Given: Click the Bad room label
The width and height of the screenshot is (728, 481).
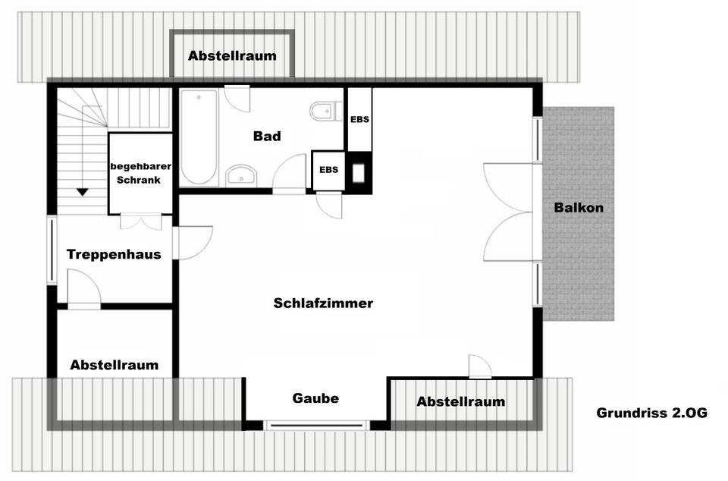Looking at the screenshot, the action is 267,137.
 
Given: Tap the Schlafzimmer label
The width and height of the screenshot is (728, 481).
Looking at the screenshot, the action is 323,303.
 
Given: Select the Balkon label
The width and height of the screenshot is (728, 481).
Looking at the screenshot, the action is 579,208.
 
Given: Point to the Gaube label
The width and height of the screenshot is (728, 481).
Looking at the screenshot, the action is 315,398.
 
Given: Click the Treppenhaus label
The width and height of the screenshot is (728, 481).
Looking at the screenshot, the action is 114,254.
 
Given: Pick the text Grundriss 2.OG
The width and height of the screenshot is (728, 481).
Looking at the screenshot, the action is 651,413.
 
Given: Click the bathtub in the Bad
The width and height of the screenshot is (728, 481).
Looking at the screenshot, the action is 199,137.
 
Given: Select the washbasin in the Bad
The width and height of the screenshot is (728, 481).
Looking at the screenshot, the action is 241,175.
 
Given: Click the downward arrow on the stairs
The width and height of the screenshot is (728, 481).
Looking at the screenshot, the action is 82,192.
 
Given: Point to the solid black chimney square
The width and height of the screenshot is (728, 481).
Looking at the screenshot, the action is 358,172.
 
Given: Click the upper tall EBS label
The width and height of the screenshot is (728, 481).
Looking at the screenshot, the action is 359,120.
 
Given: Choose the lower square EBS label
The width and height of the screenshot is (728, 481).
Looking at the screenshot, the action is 328,169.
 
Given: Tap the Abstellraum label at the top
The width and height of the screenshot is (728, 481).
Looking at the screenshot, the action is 232,55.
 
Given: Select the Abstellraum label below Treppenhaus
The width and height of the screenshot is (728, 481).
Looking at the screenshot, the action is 114,365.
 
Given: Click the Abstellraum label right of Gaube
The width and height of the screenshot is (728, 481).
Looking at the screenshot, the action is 460,401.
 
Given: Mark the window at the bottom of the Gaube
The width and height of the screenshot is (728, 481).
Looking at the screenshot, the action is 317,426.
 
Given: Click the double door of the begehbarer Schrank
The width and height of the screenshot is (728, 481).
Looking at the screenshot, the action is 141,222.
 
